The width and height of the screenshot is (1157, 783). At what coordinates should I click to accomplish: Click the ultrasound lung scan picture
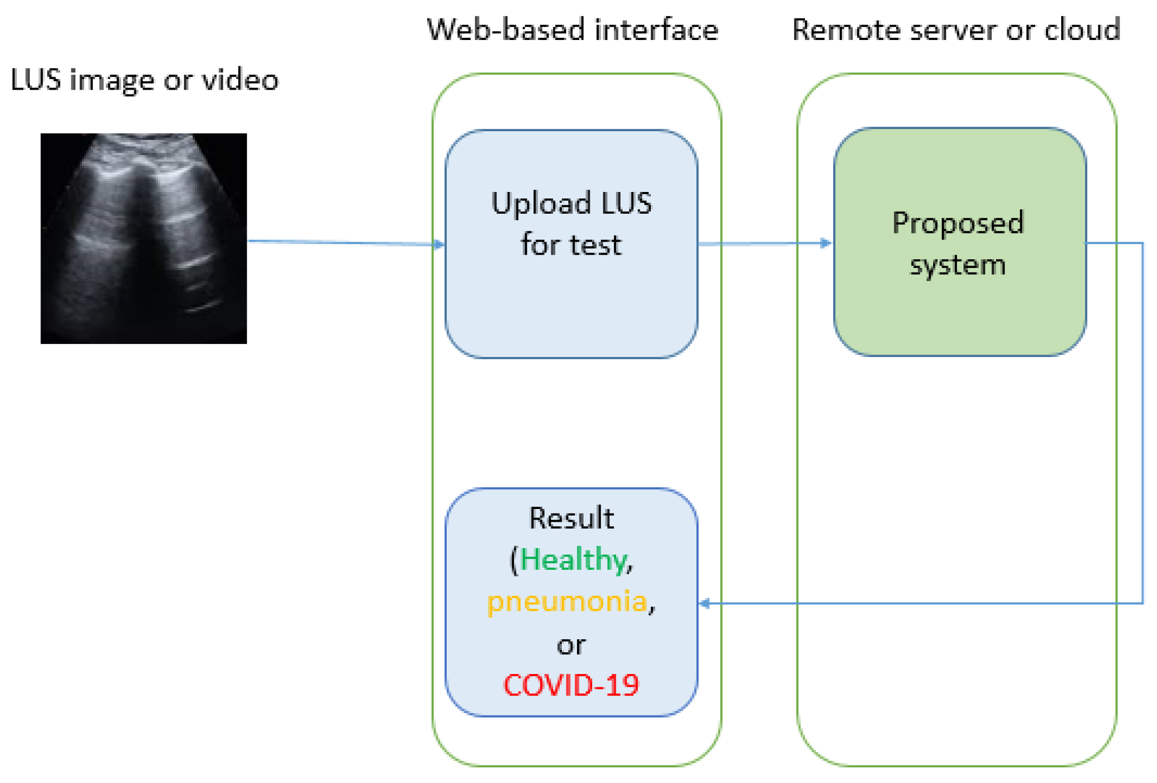pos(143,238)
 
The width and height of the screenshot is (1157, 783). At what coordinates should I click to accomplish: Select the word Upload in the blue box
pos(541,204)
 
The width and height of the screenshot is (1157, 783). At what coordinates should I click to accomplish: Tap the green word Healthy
pos(573,560)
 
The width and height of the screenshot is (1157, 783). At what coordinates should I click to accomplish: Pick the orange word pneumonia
pos(567,602)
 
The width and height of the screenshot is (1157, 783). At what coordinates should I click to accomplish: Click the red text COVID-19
pos(571,686)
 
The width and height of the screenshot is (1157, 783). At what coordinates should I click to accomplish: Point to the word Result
pos(571,518)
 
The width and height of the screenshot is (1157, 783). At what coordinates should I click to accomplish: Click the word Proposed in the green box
pos(958,223)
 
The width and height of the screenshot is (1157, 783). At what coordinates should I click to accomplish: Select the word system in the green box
pos(957,265)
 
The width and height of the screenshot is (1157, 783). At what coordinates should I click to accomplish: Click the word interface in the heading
pos(657,30)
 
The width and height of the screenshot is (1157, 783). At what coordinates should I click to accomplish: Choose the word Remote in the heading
pos(846,30)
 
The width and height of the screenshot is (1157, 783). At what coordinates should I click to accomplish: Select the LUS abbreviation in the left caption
pos(36,80)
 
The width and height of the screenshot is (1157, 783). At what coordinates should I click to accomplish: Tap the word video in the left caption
pos(240,80)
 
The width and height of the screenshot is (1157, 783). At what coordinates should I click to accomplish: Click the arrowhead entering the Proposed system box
pos(826,243)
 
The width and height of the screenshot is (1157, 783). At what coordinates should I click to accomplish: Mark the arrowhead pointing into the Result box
pos(705,603)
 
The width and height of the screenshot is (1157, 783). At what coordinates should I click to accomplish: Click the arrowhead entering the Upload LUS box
pos(439,245)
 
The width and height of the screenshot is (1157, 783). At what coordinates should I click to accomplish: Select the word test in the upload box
pos(595,246)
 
